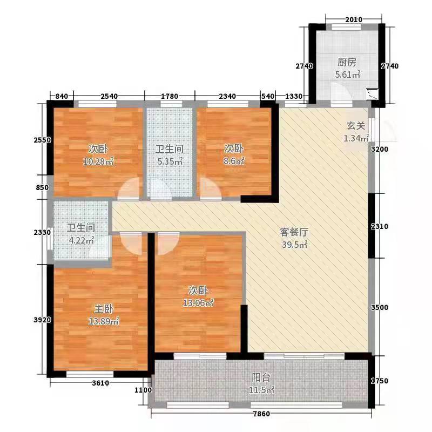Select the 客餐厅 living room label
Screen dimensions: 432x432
coord(294,233)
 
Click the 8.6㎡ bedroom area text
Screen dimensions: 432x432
coord(234,161)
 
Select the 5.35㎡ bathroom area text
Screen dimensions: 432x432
coord(169,161)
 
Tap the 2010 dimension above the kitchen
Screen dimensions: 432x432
coord(353,20)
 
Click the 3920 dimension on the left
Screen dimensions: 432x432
coord(42,320)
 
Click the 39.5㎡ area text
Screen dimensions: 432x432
coord(294,245)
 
